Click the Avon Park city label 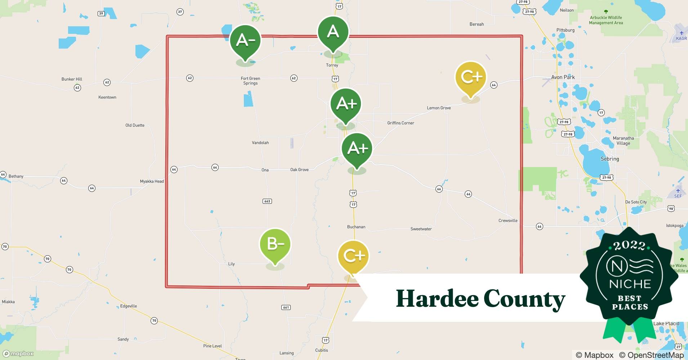point(563,77)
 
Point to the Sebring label point(609,159)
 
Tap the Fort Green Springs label point(250,81)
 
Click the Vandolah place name point(260,143)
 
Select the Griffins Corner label point(401,123)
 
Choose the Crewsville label point(508,221)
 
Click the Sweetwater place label point(421,229)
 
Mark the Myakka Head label point(152,181)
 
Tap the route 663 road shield point(267,201)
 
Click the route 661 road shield point(286,307)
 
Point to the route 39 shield point(101,14)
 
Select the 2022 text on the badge point(629,246)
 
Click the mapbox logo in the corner point(18,354)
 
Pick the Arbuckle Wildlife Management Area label point(606,20)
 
